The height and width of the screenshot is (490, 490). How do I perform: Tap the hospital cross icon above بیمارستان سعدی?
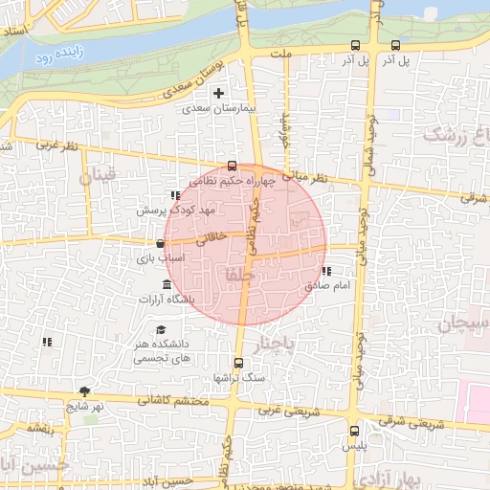pyautogui.click(x=220, y=94)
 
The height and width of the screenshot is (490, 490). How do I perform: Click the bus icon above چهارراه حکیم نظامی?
pyautogui.click(x=232, y=165)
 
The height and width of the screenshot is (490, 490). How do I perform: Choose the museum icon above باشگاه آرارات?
pyautogui.click(x=167, y=286)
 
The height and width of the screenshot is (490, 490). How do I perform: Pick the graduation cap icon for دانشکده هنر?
pyautogui.click(x=161, y=330)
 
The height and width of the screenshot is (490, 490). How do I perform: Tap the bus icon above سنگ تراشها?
pyautogui.click(x=238, y=363)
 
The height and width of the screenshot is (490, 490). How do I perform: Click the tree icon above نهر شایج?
pyautogui.click(x=84, y=390)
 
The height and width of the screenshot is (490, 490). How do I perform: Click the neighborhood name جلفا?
pyautogui.click(x=234, y=276)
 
